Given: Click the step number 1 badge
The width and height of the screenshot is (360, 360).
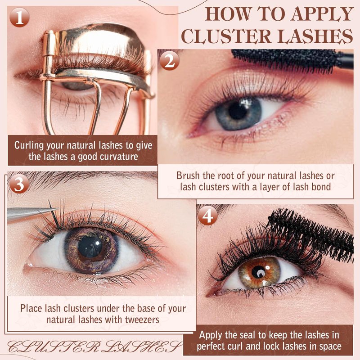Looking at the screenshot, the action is (19, 17).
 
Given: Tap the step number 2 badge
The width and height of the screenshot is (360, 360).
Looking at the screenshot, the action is (170, 60).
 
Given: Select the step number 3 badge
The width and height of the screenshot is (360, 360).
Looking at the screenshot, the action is (19, 184).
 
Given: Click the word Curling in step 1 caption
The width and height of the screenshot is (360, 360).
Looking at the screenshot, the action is (29, 145).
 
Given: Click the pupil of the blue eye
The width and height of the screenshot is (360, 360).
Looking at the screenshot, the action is (238, 110).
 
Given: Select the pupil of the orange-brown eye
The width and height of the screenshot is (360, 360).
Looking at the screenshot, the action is (258, 272).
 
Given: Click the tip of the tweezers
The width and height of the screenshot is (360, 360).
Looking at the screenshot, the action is (57, 209).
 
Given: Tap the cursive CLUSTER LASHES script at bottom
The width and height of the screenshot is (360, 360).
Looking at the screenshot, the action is (94, 346).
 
